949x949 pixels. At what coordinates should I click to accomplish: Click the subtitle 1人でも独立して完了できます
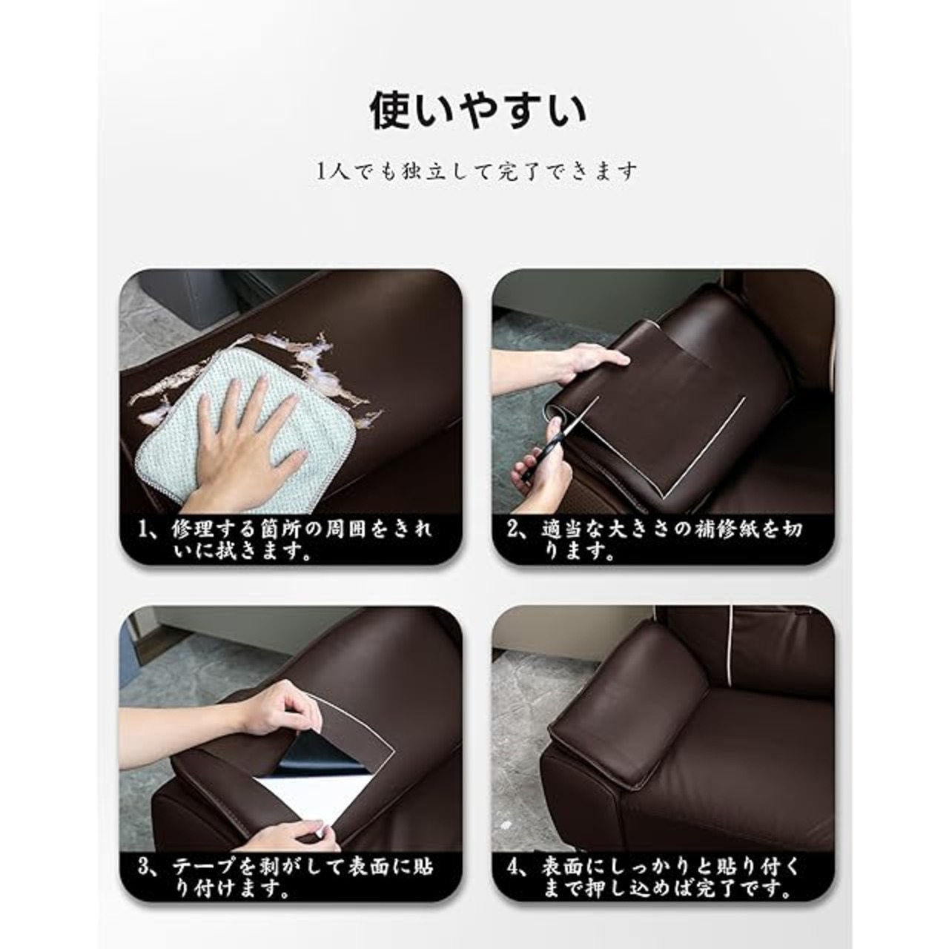(477, 172)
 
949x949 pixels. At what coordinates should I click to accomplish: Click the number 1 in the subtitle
(321, 172)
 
